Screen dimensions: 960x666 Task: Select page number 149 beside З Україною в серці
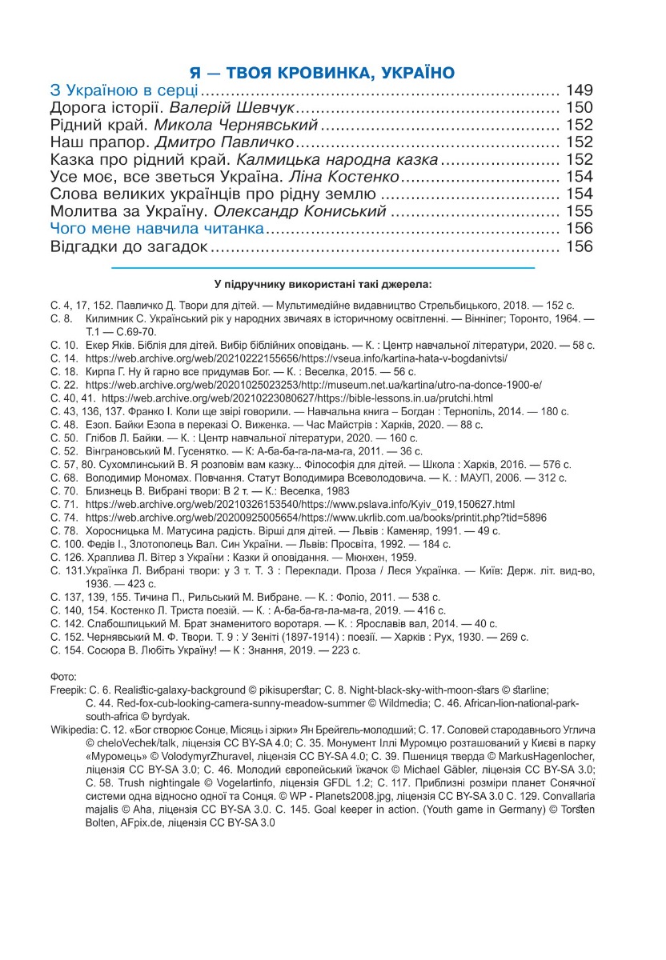[x=579, y=90]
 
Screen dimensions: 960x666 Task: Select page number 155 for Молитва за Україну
[x=579, y=212]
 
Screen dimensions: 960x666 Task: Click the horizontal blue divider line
[x=322, y=266]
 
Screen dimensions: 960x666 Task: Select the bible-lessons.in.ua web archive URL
[x=297, y=398]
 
